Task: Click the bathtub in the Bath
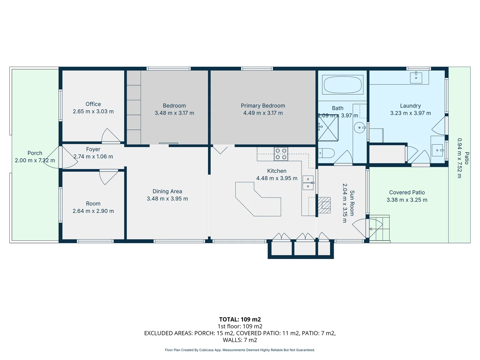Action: tap(342, 85)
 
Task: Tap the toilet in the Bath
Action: tap(326, 153)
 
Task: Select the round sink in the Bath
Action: tap(360, 128)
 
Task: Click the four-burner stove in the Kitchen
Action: tap(281, 154)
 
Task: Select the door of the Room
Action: tap(109, 177)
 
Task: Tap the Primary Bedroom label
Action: tap(263, 106)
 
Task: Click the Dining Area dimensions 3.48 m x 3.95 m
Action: tap(167, 199)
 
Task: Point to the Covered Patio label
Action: tap(407, 192)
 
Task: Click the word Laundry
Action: tap(410, 106)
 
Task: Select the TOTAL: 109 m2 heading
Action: tap(240, 319)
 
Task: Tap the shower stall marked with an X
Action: tap(328, 131)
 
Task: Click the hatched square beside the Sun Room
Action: tap(324, 205)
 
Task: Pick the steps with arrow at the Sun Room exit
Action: tap(379, 229)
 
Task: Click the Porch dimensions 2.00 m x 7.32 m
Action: tap(35, 160)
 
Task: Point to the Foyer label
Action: tap(93, 149)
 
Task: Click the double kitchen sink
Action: tap(308, 183)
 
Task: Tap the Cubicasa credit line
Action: tap(240, 350)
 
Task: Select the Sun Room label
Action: tap(352, 203)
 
